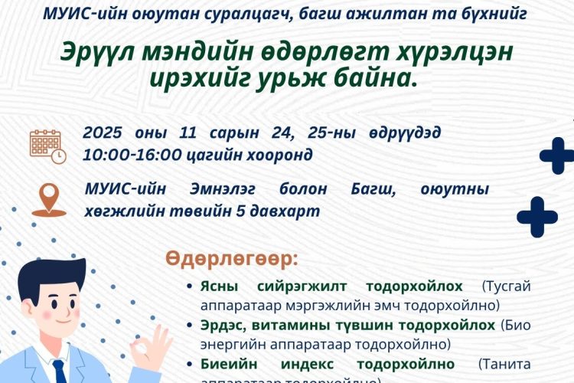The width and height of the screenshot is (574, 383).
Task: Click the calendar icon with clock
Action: coord(47,145)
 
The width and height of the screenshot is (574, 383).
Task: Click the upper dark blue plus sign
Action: coord(556,156)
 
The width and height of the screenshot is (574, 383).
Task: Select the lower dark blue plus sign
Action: coord(536,217)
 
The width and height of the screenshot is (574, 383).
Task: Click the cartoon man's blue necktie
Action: coord(59,371)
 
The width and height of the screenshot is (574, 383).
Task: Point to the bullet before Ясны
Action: coord(190,286)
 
